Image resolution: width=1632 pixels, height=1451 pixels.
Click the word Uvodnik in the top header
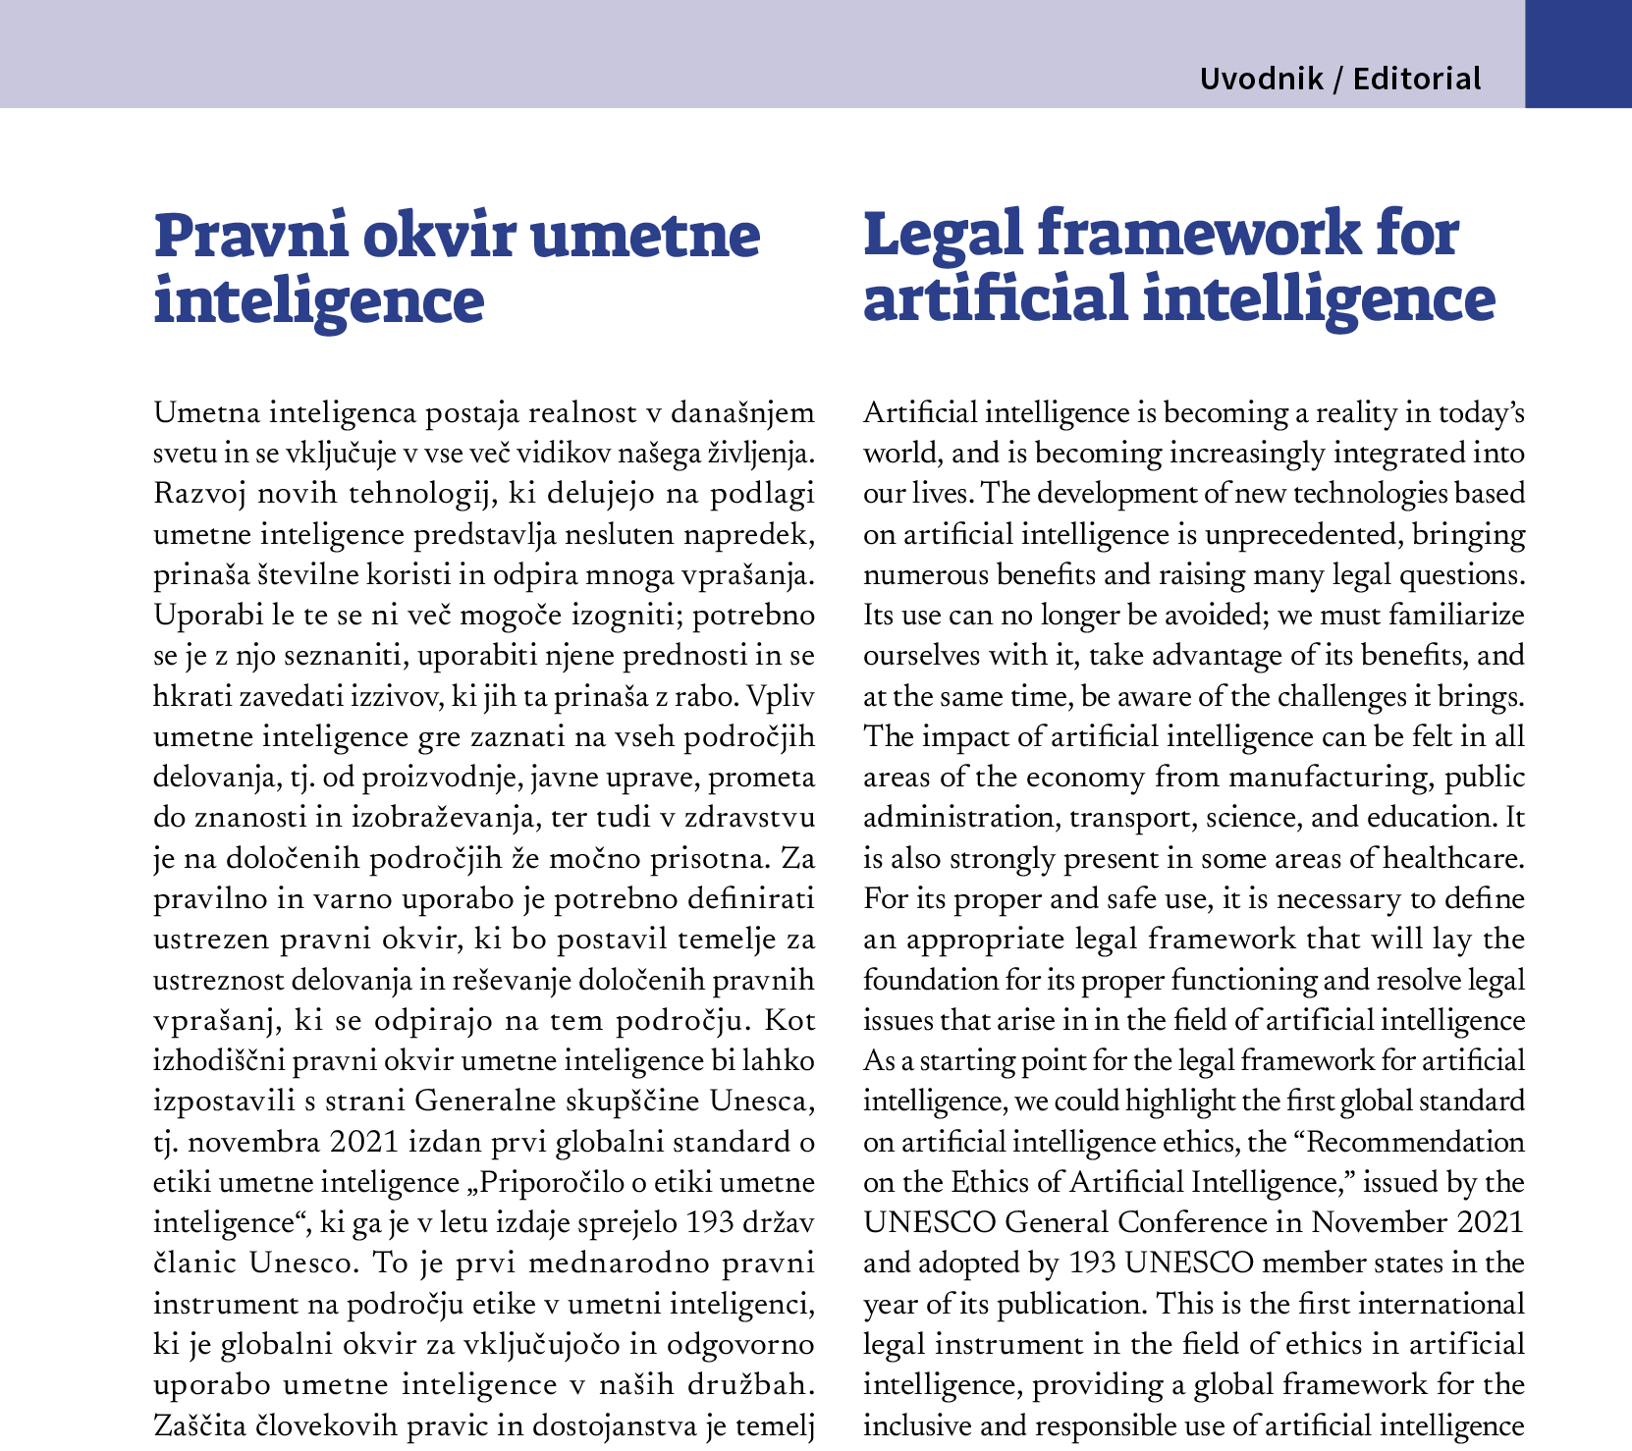[1261, 79]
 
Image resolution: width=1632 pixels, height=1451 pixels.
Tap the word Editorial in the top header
[1417, 79]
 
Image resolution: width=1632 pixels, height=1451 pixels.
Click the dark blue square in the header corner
[1578, 54]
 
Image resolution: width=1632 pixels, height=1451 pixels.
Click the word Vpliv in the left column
[782, 697]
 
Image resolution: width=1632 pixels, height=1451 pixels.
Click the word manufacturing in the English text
[1330, 778]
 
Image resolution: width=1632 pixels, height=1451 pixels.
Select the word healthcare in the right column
[1453, 859]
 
